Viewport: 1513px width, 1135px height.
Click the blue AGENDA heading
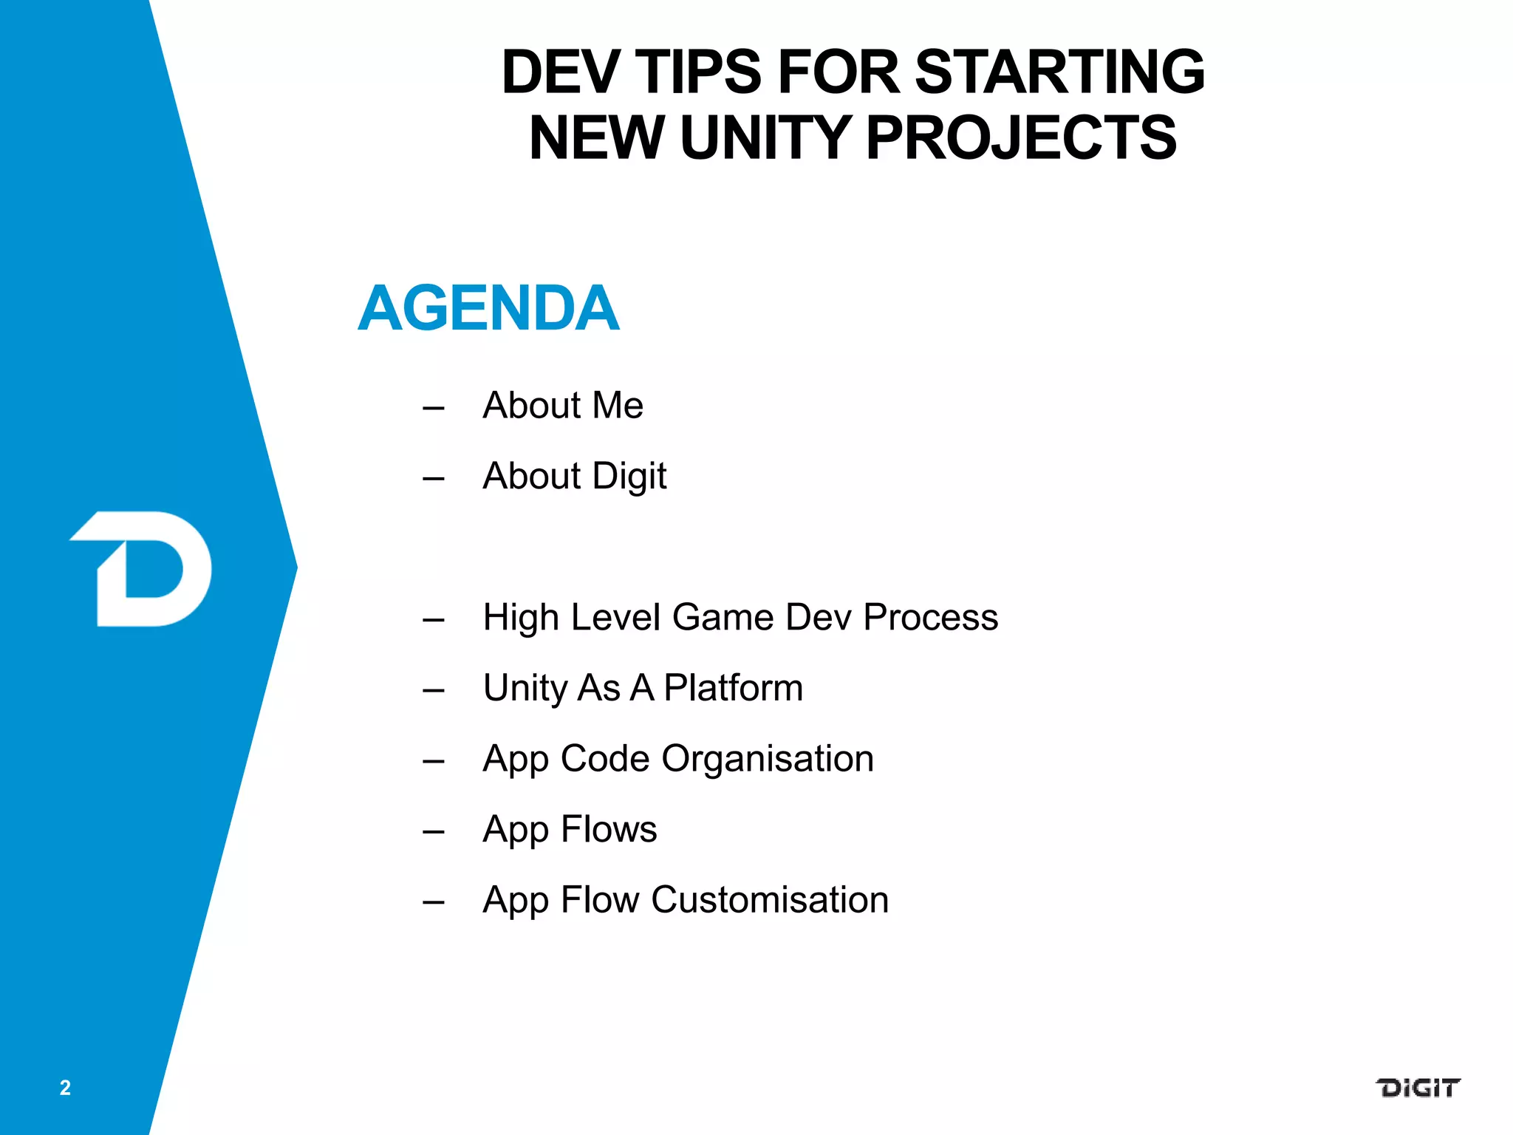coord(488,308)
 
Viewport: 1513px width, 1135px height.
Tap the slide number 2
coord(65,1088)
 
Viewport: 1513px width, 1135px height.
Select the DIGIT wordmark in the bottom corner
coord(1417,1088)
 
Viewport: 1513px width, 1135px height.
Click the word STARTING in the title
coord(1059,72)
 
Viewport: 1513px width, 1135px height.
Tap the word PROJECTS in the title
coord(1021,138)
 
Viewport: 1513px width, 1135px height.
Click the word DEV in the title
coord(559,72)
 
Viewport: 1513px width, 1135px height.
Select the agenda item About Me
coord(563,406)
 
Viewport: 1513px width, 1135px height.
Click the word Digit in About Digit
coord(629,477)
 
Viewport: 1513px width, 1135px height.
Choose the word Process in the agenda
coord(930,618)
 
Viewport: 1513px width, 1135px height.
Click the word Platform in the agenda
coord(733,688)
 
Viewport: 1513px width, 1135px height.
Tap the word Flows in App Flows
coord(609,829)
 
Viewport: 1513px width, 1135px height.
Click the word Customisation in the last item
coord(770,900)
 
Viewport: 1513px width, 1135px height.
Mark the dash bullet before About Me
coord(434,408)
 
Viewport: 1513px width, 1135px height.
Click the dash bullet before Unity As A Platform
coord(434,691)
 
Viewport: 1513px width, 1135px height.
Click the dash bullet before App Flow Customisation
coord(434,902)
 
